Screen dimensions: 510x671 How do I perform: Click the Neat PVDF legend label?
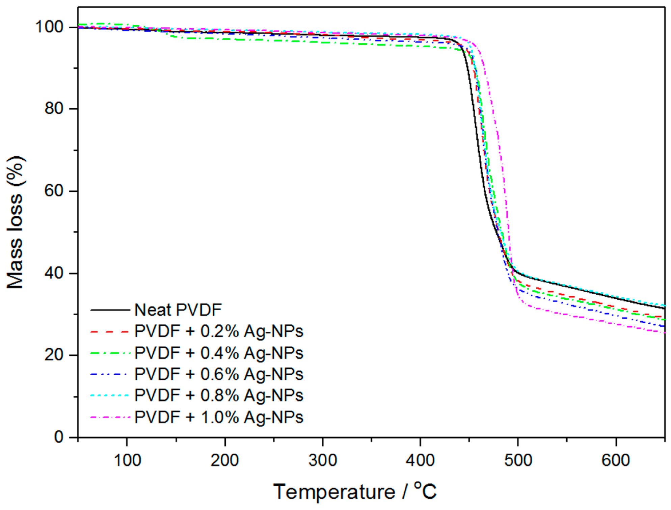178,310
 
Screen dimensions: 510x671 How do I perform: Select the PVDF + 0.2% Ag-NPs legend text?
219,331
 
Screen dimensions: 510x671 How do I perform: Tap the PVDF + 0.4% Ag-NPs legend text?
219,353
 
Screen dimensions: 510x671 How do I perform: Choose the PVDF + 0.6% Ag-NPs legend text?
219,374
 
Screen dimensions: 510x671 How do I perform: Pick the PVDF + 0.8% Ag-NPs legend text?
219,395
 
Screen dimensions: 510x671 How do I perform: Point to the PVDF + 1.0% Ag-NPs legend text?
219,417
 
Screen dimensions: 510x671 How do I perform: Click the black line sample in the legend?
110,310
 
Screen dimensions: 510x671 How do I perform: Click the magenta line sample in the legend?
110,418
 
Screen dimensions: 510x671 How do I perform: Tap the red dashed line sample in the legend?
110,332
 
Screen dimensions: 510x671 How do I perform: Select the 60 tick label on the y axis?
54,191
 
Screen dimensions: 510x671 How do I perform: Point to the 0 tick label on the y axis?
59,437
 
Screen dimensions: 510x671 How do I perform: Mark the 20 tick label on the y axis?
54,355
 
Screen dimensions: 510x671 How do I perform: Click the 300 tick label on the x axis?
323,460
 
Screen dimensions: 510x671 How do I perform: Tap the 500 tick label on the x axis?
518,460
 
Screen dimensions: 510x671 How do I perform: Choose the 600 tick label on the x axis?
616,460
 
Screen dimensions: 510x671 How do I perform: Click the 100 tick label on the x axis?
127,460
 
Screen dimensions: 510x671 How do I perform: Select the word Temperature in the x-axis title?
334,492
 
